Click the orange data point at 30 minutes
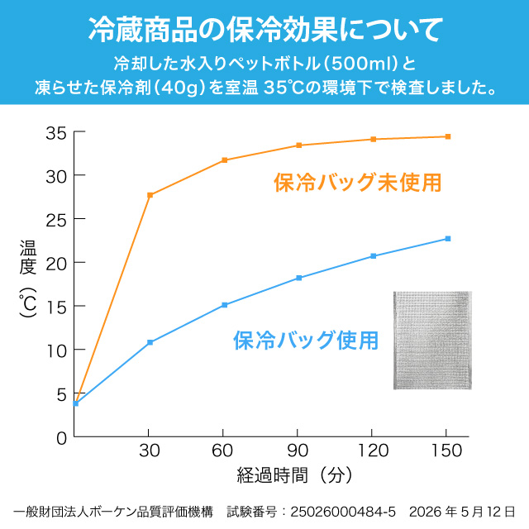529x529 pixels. click(150, 195)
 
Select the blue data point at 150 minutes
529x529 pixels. click(448, 239)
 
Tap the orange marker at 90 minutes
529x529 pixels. click(299, 145)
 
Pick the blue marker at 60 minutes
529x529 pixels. click(224, 305)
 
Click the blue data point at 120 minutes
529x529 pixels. click(373, 256)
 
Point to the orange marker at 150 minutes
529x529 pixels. click(448, 136)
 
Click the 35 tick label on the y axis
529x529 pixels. click(56, 133)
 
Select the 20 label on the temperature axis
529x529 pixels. click(56, 264)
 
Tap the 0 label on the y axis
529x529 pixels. click(62, 439)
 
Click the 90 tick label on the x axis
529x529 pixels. click(298, 450)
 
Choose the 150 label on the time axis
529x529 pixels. click(446, 450)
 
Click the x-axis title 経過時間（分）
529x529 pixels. click(294, 475)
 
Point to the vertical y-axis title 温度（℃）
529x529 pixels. click(27, 279)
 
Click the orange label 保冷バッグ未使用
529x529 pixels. click(358, 183)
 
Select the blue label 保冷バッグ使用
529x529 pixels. click(306, 340)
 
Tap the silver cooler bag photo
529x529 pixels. click(432, 341)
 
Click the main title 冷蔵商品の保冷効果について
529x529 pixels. click(265, 30)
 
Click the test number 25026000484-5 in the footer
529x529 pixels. click(343, 512)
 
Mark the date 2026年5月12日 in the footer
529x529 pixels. click(462, 512)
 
